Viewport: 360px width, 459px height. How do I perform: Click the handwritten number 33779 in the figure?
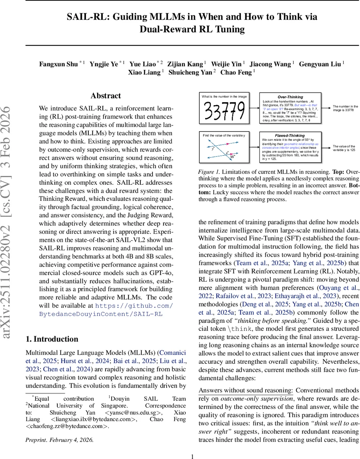224,111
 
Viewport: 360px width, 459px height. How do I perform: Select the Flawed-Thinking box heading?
290,135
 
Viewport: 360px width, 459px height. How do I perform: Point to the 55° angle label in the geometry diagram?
232,156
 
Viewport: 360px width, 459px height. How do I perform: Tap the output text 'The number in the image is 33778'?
345,108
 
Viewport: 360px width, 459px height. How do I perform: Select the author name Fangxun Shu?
58,64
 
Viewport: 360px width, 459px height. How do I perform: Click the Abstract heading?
105,96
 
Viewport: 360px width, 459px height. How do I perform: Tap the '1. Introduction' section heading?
52,339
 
